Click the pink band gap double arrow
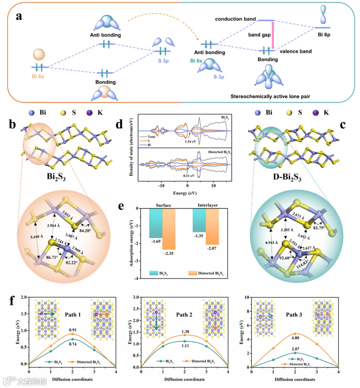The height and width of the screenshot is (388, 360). [x=273, y=36]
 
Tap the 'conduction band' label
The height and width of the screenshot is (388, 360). [x=235, y=19]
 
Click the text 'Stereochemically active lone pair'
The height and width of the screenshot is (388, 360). [x=270, y=96]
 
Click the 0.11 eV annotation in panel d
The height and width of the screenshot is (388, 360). [x=189, y=175]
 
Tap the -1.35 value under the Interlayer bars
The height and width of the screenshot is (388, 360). [x=199, y=236]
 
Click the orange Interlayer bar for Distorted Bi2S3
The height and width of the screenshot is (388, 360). [x=212, y=227]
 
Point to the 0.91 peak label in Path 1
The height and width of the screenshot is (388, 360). [x=73, y=330]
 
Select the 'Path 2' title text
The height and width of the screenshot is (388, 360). [x=184, y=315]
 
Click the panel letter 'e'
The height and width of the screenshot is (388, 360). [x=121, y=206]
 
